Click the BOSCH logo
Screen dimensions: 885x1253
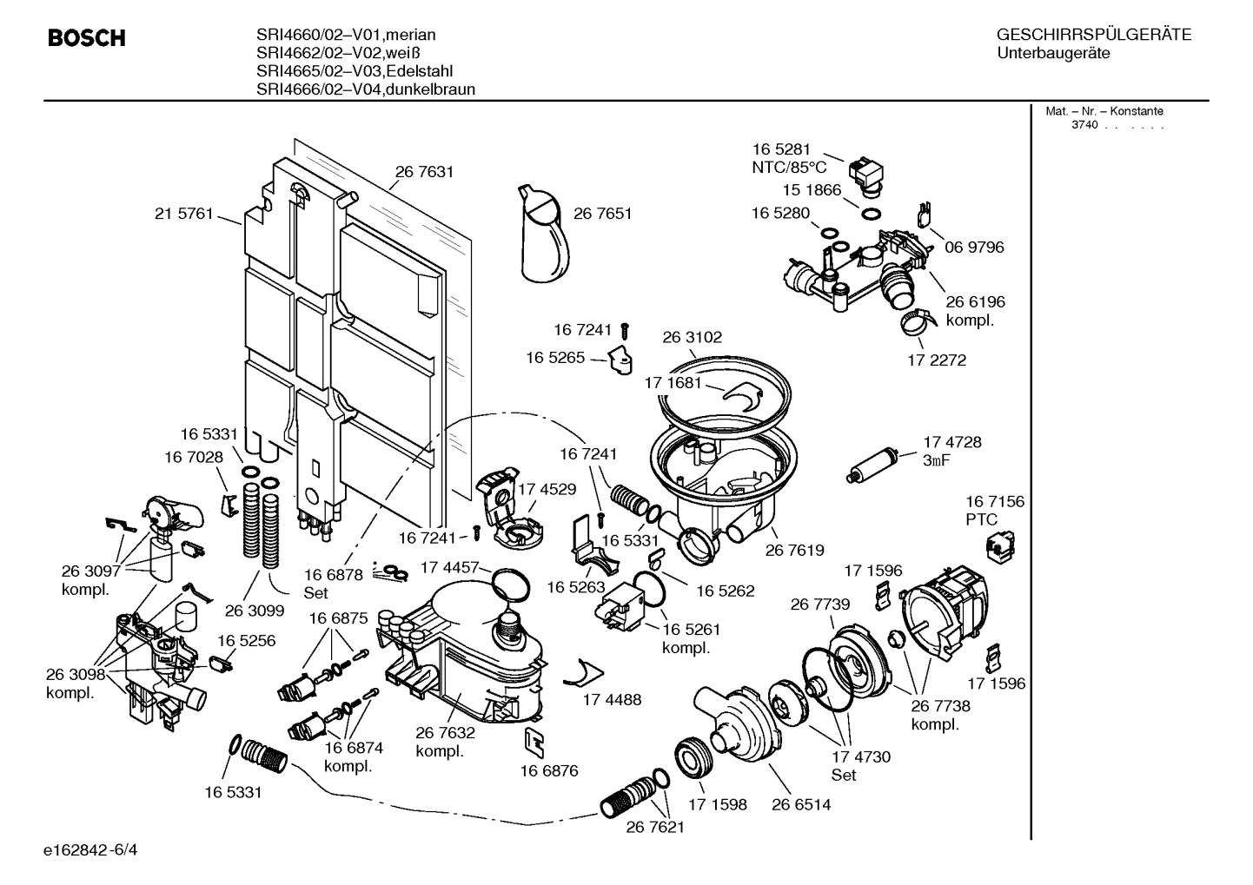[x=86, y=38]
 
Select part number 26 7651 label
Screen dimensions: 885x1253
[x=602, y=214]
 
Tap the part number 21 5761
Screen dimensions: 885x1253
[x=183, y=214]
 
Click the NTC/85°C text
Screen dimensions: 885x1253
[x=789, y=168]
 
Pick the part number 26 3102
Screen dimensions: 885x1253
[x=692, y=337]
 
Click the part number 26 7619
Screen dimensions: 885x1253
[x=794, y=550]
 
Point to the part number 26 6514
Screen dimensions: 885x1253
[x=801, y=804]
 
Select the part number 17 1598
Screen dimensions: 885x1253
[x=718, y=804]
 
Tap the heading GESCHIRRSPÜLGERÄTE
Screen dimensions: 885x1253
[x=1093, y=35]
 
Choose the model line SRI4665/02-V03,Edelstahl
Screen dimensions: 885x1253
[x=355, y=71]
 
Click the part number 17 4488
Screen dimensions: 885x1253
[x=612, y=699]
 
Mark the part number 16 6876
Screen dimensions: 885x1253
[x=549, y=770]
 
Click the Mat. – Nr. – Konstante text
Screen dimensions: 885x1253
[x=1104, y=111]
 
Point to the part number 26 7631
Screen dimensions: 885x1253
[x=424, y=172]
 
